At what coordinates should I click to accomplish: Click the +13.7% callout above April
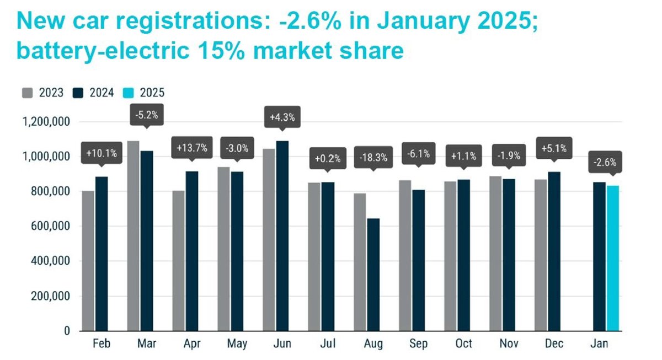click(192, 148)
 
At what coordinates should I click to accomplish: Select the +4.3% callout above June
click(282, 117)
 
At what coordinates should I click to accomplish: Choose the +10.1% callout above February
click(102, 153)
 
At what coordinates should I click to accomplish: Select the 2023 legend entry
click(44, 93)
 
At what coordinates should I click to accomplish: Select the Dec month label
click(553, 344)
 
